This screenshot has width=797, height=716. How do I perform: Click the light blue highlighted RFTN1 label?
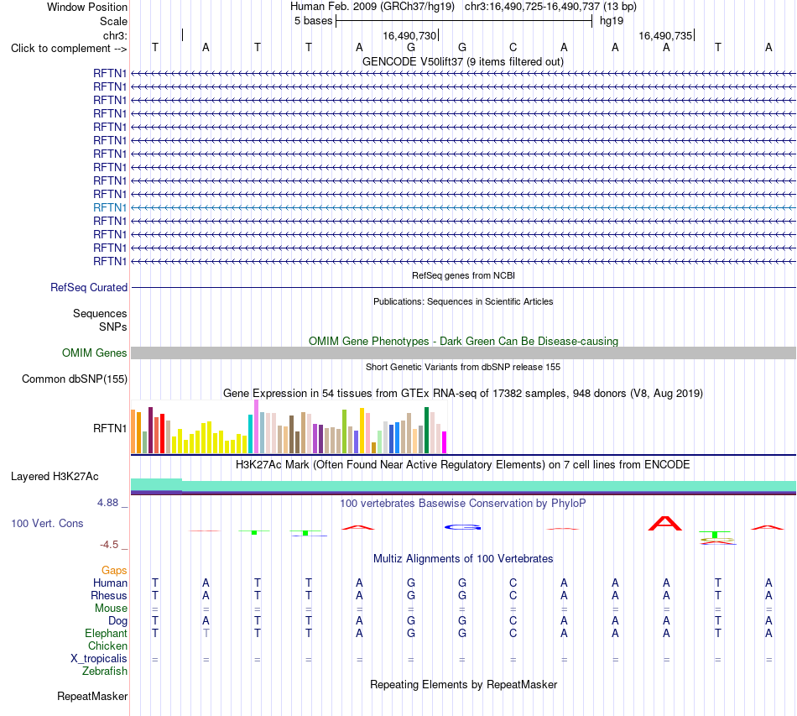pos(110,207)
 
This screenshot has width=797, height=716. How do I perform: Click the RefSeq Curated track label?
pos(89,287)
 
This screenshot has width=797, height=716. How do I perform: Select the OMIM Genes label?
pos(95,353)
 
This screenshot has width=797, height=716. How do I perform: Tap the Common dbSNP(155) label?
pos(75,379)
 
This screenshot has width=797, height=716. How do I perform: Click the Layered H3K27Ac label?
pos(55,477)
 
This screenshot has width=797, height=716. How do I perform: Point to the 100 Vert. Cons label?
pos(47,523)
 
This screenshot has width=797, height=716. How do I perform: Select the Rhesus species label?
pos(109,595)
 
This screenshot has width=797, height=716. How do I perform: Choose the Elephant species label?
pos(107,633)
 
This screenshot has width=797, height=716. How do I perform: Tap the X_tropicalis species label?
pos(99,659)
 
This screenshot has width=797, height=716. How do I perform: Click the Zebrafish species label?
pos(105,672)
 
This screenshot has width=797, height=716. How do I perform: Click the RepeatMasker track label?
pos(92,696)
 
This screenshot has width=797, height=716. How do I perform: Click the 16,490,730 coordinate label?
pos(409,35)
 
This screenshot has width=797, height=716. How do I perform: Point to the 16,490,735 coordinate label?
pos(665,35)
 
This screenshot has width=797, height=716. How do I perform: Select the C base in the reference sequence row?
pos(513,47)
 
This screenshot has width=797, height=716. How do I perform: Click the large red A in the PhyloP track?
pos(665,523)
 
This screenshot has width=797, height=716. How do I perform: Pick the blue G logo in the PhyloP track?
pos(462,527)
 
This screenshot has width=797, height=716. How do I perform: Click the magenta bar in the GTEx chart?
pos(445,442)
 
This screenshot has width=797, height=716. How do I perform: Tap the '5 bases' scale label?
pos(313,21)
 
